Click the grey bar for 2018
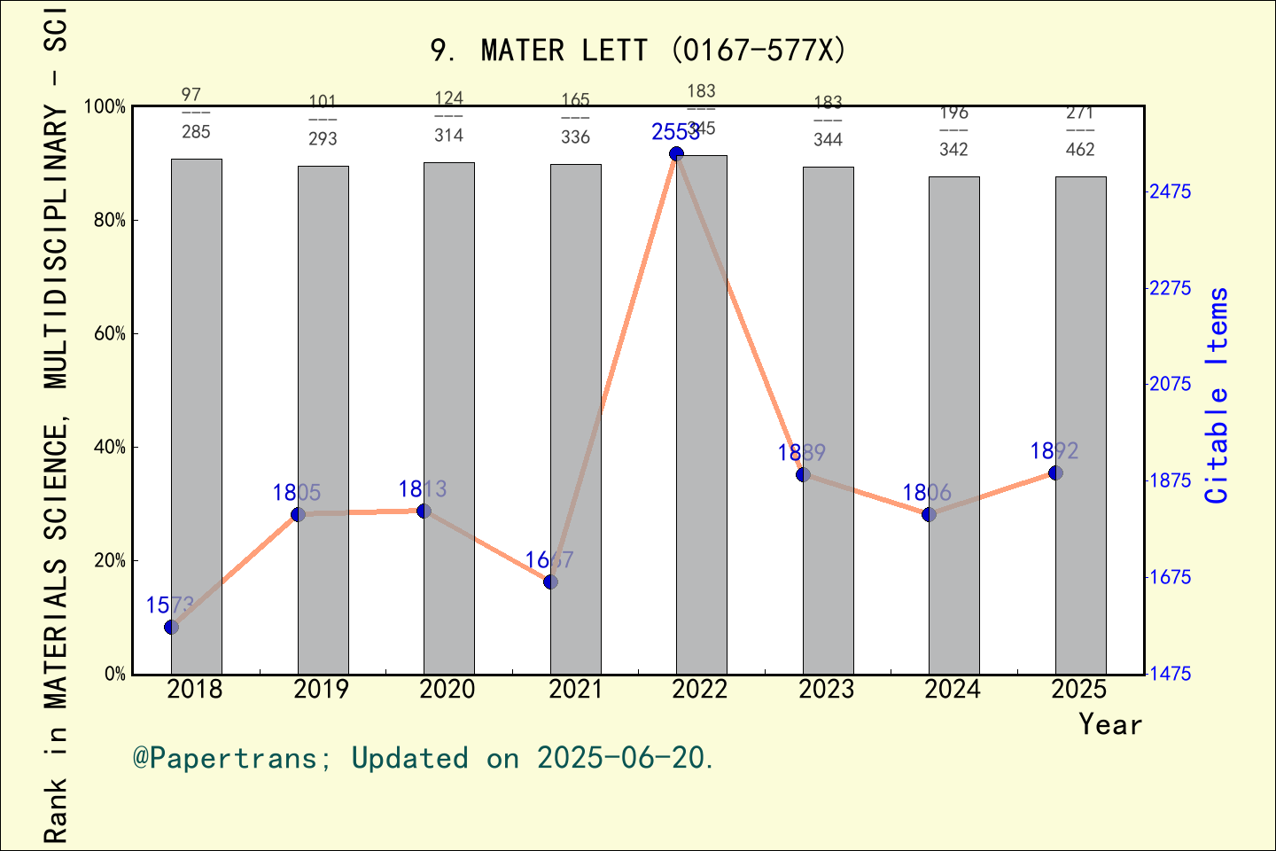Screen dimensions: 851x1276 point(196,417)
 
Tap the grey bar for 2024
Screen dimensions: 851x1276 point(953,425)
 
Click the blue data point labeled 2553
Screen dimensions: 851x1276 point(676,153)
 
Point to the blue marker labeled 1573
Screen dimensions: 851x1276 point(172,627)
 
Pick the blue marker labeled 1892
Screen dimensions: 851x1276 point(1055,472)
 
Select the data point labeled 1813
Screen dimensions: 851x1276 point(424,511)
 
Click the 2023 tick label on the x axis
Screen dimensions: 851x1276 point(827,690)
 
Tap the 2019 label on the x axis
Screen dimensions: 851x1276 point(322,690)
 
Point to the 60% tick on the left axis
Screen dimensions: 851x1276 point(110,334)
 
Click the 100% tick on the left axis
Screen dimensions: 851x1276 point(105,107)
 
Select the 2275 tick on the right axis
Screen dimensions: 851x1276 point(1171,288)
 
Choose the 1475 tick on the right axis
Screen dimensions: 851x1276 point(1171,674)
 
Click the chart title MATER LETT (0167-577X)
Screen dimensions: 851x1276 point(638,51)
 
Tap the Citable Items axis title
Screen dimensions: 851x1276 point(1218,394)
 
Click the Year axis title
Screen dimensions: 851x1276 point(1110,725)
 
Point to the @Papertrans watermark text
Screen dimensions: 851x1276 point(423,758)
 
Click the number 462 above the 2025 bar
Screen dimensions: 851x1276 point(1080,150)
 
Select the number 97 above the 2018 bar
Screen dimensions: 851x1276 point(191,94)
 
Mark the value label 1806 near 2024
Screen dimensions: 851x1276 point(927,493)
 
